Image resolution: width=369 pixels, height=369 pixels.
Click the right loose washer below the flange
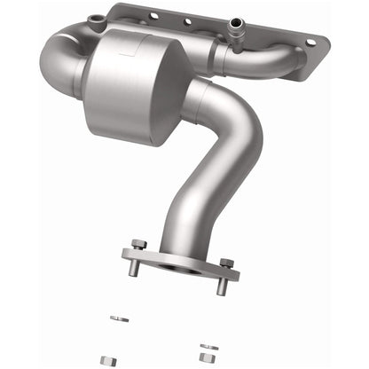point(209,322)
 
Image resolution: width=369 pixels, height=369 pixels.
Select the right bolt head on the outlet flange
point(226,263)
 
